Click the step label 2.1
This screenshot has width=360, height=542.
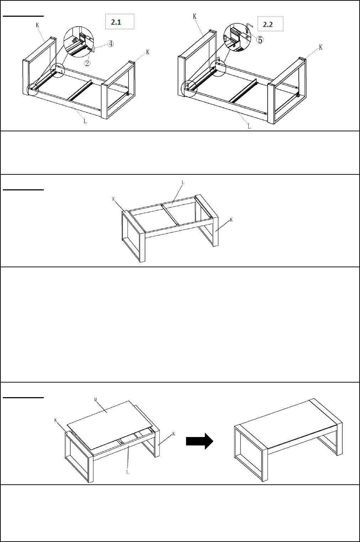point(116,22)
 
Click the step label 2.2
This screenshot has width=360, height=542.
point(268,25)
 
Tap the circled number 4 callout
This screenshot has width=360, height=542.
point(110,44)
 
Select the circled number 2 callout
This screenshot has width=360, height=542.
point(87,63)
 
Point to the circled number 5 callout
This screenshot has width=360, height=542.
point(260,40)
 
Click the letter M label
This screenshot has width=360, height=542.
point(95,400)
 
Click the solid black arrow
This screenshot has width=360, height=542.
point(200,441)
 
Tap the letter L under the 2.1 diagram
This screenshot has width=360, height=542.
point(85,121)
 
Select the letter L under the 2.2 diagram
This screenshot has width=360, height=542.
point(249,126)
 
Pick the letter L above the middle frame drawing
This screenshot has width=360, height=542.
point(183,183)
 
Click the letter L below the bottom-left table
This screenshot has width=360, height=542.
point(127,472)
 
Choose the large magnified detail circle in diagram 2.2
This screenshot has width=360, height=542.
point(237,37)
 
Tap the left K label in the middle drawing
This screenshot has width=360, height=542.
point(113,199)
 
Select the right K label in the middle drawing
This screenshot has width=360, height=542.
point(231,220)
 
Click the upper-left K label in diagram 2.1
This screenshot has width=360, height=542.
point(37,25)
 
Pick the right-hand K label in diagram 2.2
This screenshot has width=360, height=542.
point(321,47)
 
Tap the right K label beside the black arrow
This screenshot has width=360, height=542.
point(174,434)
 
